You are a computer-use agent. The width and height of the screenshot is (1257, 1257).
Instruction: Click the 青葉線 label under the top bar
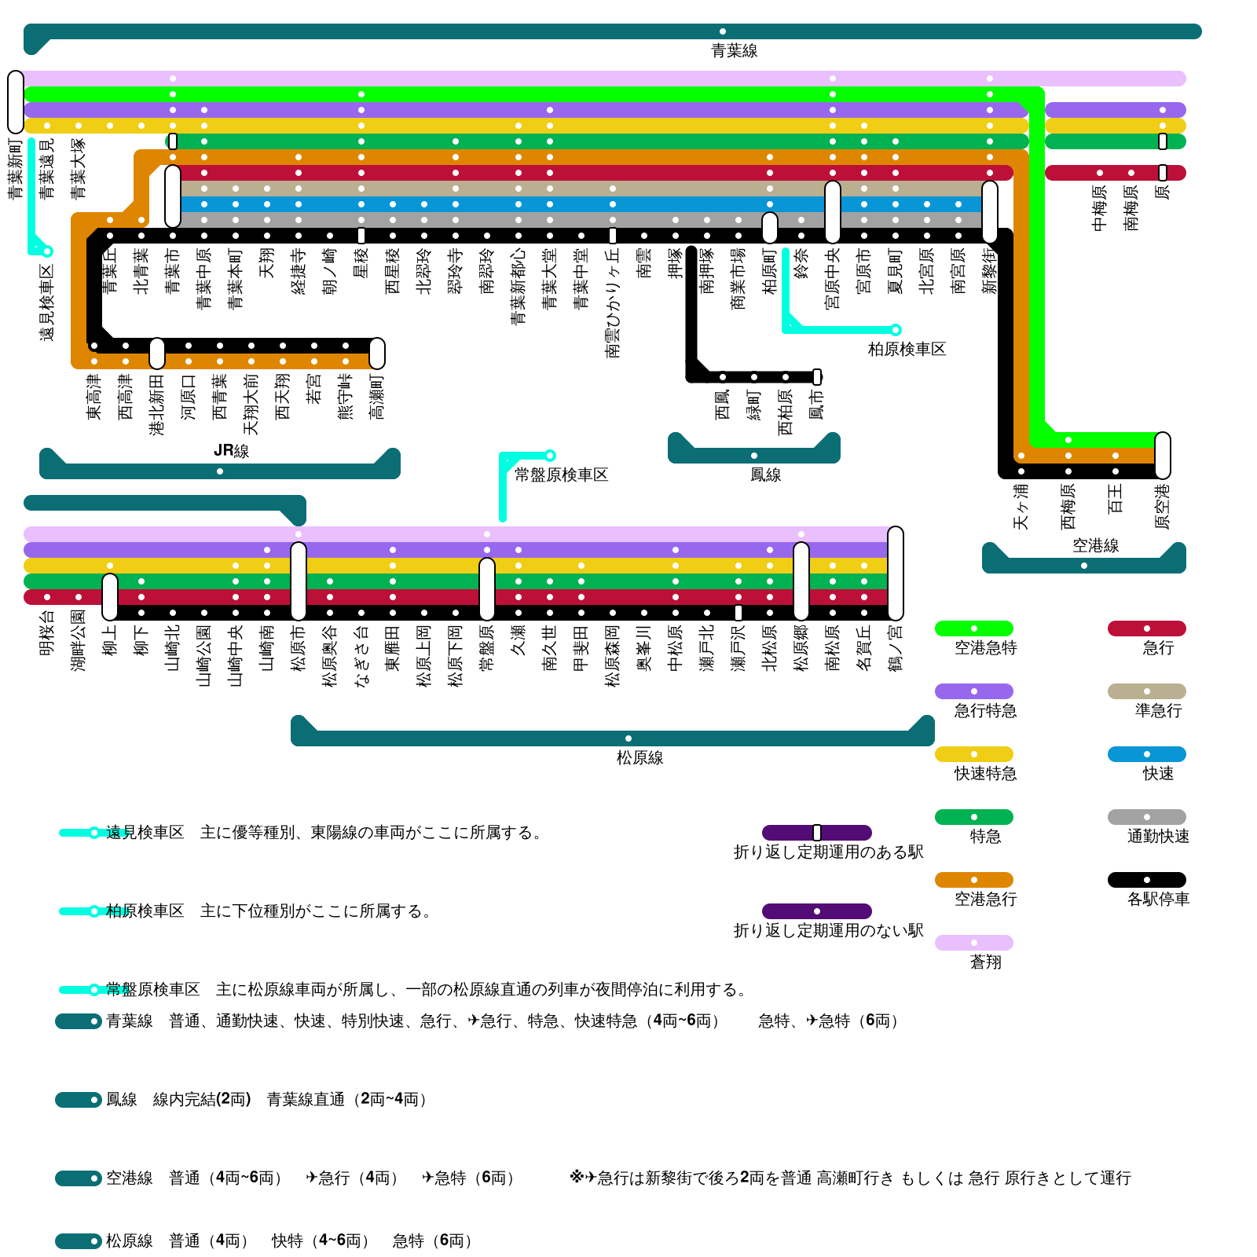[734, 51]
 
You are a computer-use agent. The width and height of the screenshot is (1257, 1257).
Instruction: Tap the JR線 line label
[231, 451]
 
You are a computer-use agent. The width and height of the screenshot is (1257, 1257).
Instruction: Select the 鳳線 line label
[765, 475]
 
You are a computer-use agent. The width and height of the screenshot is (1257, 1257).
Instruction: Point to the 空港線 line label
[1095, 545]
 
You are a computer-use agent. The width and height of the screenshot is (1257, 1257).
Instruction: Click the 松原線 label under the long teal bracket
[639, 757]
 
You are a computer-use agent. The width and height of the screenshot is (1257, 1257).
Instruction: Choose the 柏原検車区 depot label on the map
[907, 349]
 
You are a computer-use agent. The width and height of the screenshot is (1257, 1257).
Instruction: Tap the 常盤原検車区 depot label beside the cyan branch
[561, 475]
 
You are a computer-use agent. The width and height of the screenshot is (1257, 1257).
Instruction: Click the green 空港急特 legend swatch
[973, 628]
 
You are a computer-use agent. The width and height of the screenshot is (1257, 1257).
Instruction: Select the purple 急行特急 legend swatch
[973, 691]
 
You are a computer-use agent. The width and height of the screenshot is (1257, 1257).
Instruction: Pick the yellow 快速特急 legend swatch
[973, 754]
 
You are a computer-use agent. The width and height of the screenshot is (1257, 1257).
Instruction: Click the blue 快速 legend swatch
[1146, 754]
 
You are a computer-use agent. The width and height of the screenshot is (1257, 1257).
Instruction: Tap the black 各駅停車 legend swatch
[1146, 880]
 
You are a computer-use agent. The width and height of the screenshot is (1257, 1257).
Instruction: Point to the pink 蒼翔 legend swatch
[973, 943]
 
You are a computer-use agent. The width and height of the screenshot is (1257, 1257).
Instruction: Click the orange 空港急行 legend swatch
[973, 880]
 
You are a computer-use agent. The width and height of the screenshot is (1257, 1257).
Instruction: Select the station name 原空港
[1163, 507]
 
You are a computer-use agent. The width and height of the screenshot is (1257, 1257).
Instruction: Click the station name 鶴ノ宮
[896, 648]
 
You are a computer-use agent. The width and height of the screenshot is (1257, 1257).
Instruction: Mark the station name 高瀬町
[377, 397]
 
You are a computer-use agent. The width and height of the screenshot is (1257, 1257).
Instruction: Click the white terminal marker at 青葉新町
[16, 102]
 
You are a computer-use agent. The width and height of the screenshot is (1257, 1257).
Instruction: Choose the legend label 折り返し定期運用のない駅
[828, 931]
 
